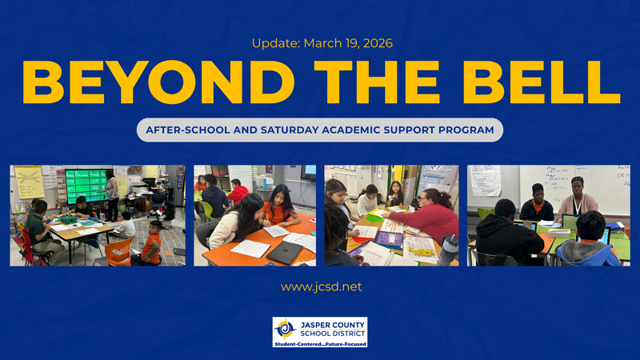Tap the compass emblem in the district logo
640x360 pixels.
pos(286,330)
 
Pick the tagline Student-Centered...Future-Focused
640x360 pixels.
pos(320,344)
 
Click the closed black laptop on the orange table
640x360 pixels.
pos(283,252)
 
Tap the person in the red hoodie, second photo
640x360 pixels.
pos(238,192)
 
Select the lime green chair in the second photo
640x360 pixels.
pos(206,210)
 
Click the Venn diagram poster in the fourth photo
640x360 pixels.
pos(485,180)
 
